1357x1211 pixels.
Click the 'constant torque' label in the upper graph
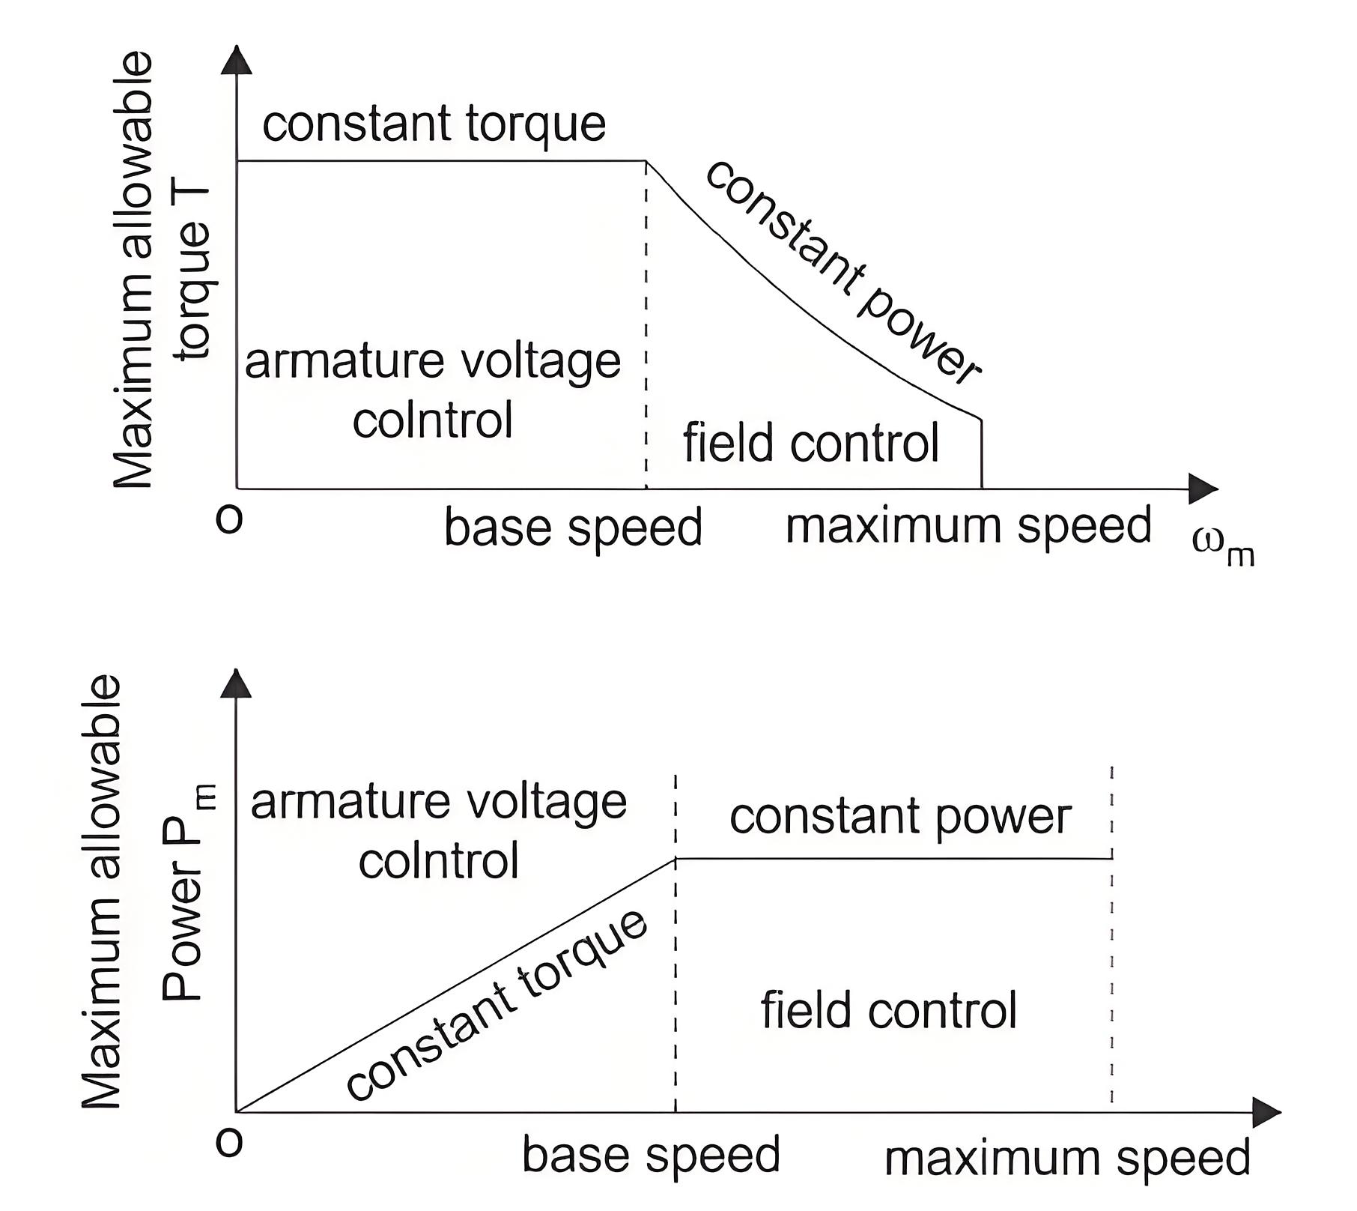434,124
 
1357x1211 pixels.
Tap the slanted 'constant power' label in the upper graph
843,272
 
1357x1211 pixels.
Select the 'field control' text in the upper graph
811,443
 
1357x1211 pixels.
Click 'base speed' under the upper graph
573,528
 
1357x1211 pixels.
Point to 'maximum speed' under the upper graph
968,526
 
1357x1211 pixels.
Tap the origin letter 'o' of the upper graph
229,519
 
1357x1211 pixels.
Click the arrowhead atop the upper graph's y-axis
237,60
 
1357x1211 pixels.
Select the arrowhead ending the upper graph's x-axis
1203,489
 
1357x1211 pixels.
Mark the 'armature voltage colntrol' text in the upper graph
433,390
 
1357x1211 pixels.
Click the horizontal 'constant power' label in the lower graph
900,816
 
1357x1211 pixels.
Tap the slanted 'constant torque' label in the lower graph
497,1006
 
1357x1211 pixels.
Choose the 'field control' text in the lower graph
889,1010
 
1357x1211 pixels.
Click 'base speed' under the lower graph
651,1155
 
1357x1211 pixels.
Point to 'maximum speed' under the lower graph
1067,1158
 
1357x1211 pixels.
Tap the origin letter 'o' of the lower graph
229,1141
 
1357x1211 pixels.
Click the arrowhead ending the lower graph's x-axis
1267,1112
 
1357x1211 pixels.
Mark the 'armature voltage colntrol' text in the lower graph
439,830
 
